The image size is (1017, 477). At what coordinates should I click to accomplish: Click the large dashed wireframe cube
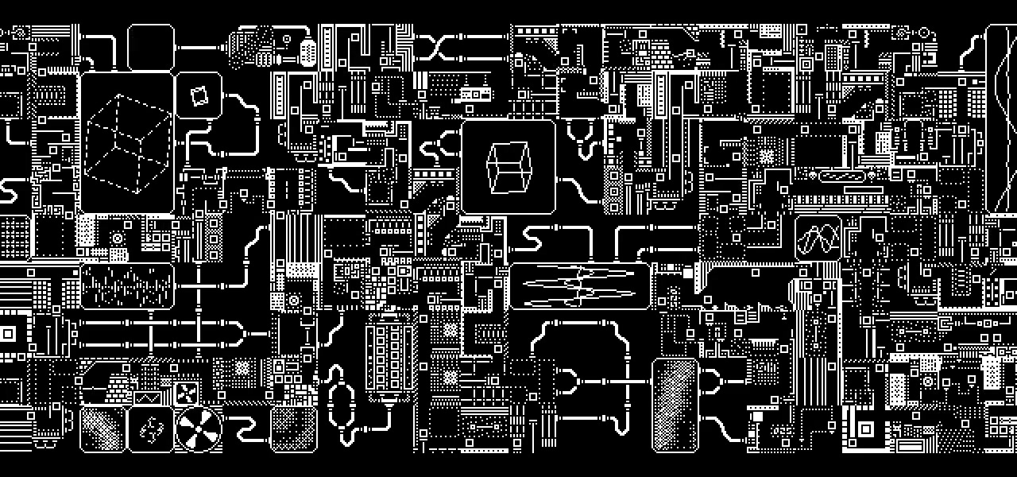point(127,143)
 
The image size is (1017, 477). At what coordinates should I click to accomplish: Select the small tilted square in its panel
point(199,95)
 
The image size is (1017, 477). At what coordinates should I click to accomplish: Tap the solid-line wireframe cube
point(508,167)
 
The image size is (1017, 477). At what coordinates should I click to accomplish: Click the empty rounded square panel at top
point(151,48)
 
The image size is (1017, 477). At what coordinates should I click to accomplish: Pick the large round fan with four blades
point(198,429)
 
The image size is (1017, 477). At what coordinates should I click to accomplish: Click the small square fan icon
point(188,392)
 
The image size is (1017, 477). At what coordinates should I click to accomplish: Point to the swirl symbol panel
point(151,429)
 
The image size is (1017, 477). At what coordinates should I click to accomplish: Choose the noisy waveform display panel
point(127,286)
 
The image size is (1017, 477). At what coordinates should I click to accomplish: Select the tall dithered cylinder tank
point(675,405)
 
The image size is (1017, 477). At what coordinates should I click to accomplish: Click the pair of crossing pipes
point(438,48)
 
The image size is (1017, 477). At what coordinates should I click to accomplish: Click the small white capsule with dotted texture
point(307,51)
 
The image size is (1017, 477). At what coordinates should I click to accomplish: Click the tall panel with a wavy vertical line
point(1000,119)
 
